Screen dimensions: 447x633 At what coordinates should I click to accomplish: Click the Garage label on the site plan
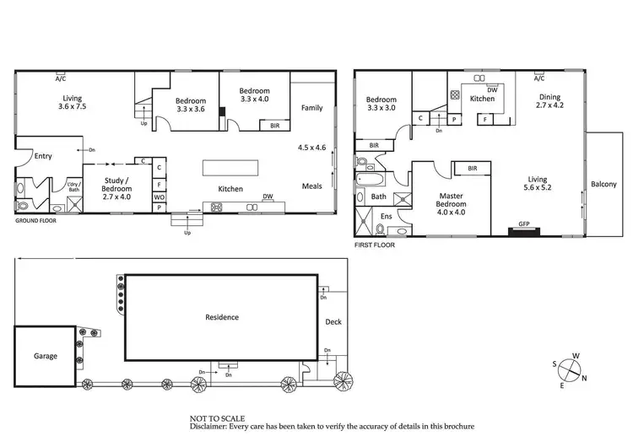coord(46,356)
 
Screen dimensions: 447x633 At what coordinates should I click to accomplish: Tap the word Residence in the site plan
coord(222,317)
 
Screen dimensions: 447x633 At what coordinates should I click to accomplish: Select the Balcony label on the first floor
coord(603,184)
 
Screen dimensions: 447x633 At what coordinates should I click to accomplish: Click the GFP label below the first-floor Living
coord(523,225)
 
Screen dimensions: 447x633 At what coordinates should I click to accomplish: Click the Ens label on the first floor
coord(387,217)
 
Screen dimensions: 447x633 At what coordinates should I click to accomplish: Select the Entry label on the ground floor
coord(43,155)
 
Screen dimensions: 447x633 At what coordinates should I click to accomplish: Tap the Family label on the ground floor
coord(312,108)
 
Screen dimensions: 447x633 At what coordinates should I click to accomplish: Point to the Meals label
coord(312,186)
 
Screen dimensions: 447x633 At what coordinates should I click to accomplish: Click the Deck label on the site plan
coord(333,320)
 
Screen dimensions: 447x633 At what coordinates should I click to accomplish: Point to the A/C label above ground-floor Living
coord(60,78)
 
